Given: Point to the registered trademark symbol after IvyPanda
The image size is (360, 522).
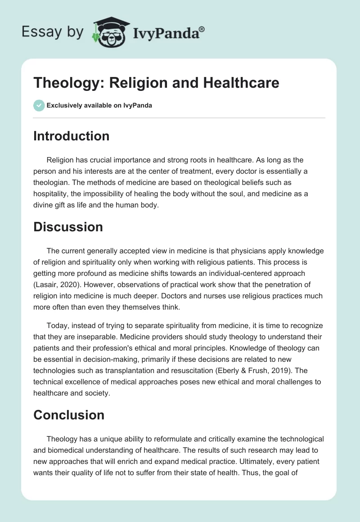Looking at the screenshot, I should pos(202,29).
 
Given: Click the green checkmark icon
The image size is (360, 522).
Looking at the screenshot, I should pos(38,105).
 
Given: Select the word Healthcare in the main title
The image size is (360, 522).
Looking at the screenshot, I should pos(239,82).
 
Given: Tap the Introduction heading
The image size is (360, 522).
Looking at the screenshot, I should pos(71,136).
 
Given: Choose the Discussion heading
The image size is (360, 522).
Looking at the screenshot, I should pos(68,227).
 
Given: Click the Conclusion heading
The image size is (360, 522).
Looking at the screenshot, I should pos(68,414).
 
